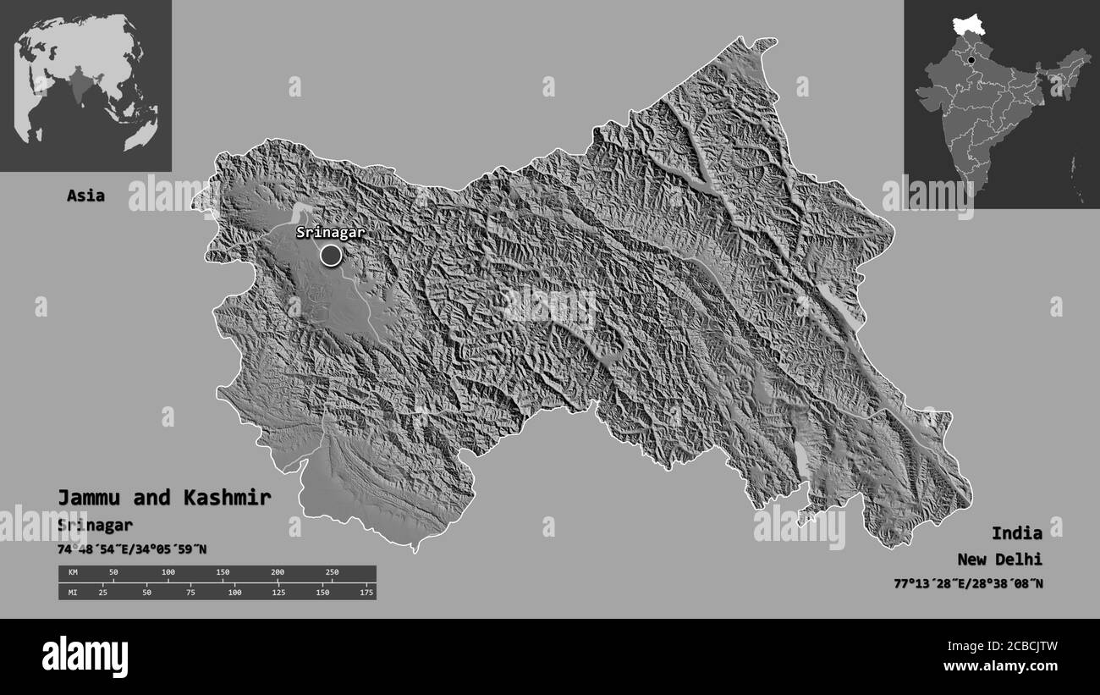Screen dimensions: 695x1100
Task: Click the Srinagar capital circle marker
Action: click(331, 254)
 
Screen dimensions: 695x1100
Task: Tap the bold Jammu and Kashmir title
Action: click(164, 498)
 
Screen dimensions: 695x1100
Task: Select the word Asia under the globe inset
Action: click(86, 196)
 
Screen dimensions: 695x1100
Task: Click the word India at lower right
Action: click(1017, 533)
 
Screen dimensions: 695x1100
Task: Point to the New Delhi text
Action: click(1000, 560)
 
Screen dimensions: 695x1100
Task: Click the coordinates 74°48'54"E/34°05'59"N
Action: click(132, 549)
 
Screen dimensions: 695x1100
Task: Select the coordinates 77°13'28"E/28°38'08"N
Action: click(968, 583)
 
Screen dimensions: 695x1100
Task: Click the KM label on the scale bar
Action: click(73, 573)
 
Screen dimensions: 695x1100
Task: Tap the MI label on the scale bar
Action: click(73, 592)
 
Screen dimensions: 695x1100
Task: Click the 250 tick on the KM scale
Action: click(332, 573)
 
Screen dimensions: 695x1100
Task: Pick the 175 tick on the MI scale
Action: click(366, 592)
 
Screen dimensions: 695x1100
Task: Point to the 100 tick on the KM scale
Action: click(168, 573)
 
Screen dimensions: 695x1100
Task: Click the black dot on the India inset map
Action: click(971, 60)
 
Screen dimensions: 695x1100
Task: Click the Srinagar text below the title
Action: click(95, 525)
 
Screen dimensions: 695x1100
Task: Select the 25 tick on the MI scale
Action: click(102, 592)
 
